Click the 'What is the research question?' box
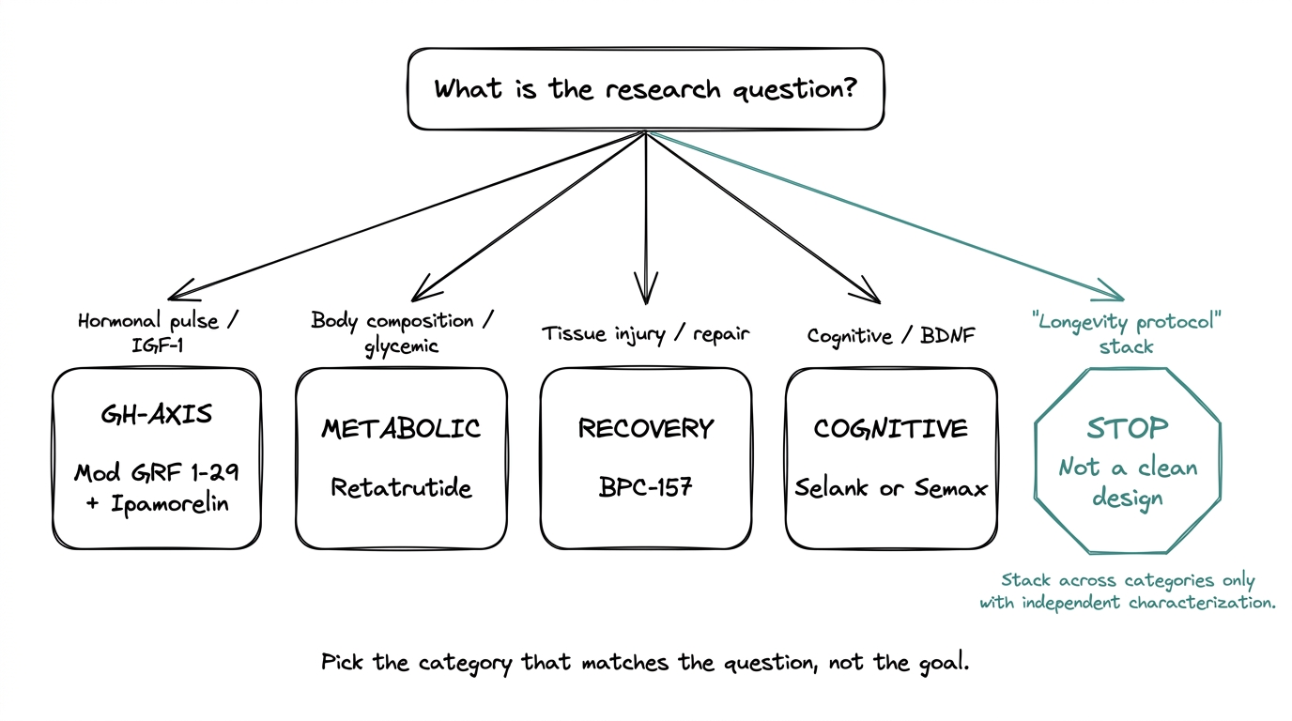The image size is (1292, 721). pos(645,89)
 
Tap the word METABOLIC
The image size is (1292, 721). pos(401,429)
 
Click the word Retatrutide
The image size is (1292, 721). pos(401,487)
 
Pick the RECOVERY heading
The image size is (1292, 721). pos(645,429)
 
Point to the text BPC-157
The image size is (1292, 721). pos(645,487)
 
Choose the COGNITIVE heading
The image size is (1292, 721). pos(890,429)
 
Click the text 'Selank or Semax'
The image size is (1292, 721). pos(890,487)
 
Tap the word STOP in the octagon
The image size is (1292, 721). pos(1127,428)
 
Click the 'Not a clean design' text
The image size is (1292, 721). pos(1127,482)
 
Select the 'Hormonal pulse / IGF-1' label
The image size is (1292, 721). pos(158,333)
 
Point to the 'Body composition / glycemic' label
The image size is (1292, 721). pos(402,332)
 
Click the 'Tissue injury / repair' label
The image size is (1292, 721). pos(645,333)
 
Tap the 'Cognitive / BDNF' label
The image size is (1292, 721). pos(889,334)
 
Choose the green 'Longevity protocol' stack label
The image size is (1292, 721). pos(1127,333)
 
